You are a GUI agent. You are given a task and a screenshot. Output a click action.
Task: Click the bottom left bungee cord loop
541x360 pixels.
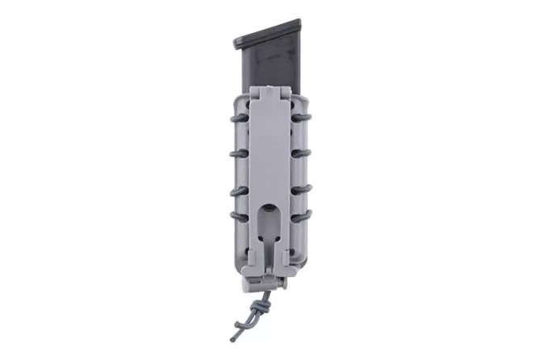click(x=240, y=216)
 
